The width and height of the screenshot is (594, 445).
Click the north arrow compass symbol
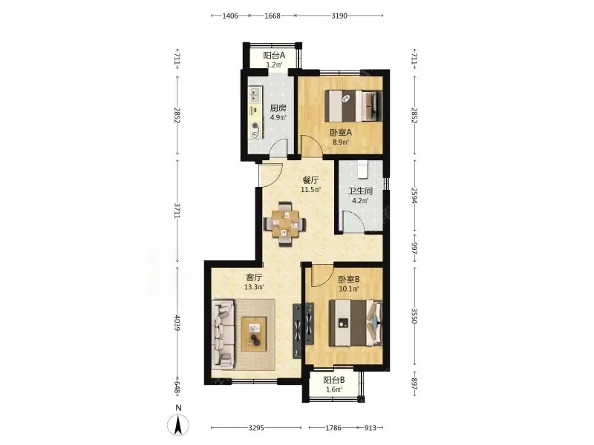[178, 424]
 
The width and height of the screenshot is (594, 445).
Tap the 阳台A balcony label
[274, 56]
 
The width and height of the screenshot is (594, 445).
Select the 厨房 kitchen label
[278, 108]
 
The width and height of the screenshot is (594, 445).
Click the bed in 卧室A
[353, 105]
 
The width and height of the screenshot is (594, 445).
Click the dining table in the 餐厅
[285, 225]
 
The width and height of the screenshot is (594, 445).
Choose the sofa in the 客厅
[223, 334]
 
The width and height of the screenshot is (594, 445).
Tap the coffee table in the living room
[254, 334]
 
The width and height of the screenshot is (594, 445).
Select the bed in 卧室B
[356, 323]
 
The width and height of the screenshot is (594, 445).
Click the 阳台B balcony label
[333, 380]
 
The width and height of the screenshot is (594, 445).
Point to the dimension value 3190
[339, 16]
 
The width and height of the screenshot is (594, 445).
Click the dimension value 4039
[177, 322]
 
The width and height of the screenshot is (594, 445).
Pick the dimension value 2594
[414, 195]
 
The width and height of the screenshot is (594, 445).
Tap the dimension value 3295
[256, 428]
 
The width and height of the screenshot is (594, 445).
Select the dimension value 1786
[333, 428]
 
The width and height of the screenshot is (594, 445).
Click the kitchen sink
[255, 95]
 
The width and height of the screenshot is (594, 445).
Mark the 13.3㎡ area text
[254, 287]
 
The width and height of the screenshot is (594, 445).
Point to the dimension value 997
[414, 248]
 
